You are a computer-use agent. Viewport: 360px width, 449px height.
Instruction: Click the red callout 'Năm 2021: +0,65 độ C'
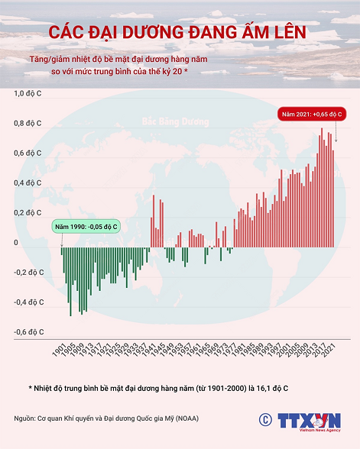coord(311,114)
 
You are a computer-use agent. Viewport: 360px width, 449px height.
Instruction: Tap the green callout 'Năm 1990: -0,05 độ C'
coord(86,227)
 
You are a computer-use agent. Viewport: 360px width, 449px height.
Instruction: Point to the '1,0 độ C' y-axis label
coord(29,94)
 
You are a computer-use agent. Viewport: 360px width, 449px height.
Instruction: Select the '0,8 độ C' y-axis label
coord(29,124)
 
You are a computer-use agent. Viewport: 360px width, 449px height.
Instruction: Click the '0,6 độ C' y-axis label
coord(29,153)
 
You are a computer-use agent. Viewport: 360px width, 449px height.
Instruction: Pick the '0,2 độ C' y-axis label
coord(29,213)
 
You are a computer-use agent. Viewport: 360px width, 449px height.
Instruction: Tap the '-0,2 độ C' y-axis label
coord(28,272)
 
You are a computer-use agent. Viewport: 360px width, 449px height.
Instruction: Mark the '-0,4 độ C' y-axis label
coord(28,302)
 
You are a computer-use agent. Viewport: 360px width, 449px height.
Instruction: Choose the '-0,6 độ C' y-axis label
coord(28,331)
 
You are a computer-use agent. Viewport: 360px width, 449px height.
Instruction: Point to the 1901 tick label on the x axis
coord(59,350)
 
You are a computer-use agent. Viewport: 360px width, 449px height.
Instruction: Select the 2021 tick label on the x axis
coord(330,350)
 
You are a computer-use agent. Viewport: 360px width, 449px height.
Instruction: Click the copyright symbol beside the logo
coord(265,419)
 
